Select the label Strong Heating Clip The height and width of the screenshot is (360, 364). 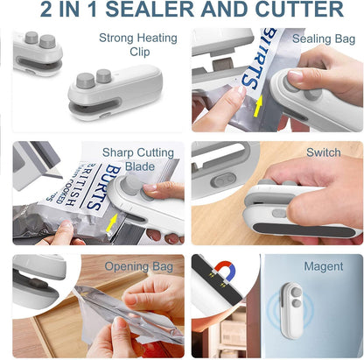[x=137, y=45]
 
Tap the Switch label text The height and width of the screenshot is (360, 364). [x=323, y=152]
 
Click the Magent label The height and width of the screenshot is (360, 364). [x=323, y=266]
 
